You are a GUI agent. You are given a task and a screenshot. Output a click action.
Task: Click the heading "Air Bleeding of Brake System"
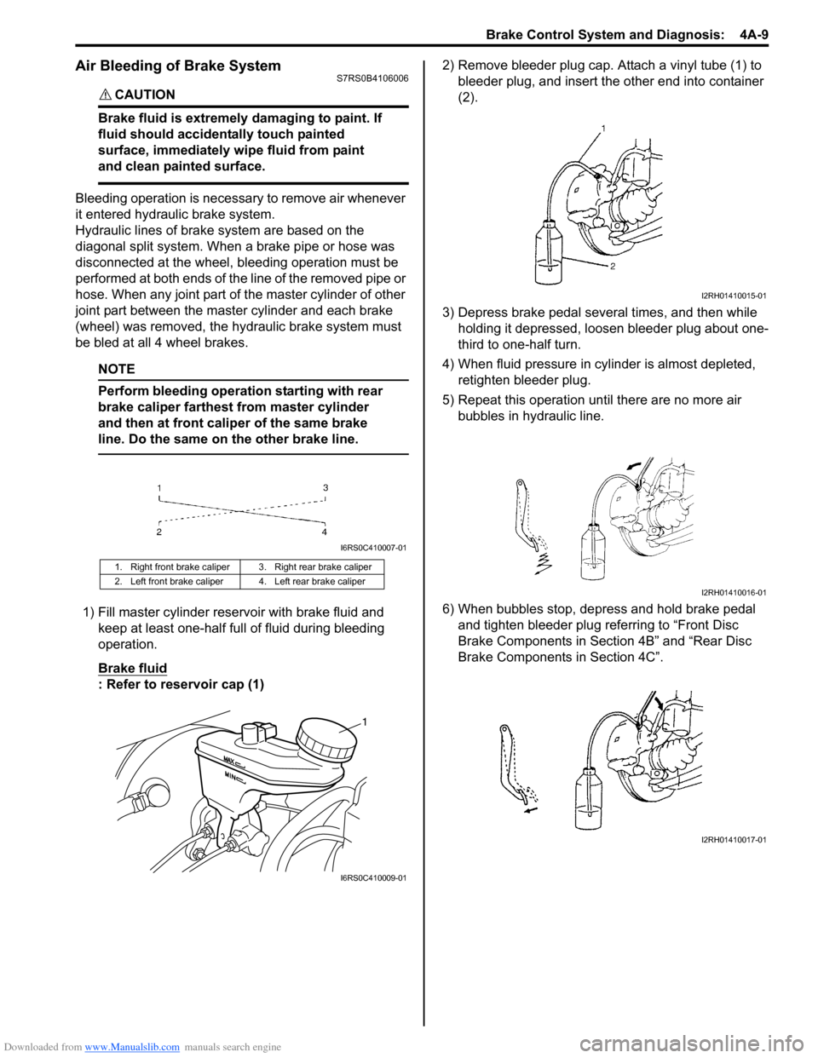click(x=178, y=66)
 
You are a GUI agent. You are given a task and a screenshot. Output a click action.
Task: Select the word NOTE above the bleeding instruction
click(x=116, y=369)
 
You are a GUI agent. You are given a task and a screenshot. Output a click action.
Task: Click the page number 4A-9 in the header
click(x=754, y=35)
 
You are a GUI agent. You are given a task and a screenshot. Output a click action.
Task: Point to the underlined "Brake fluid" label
click(x=132, y=668)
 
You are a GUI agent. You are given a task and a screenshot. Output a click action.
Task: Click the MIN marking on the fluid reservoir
click(x=233, y=777)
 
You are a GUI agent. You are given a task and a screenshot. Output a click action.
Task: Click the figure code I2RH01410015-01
click(x=734, y=296)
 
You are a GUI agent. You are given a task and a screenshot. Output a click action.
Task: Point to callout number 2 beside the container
click(x=612, y=266)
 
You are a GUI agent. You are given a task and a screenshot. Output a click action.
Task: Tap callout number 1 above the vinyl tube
click(x=603, y=128)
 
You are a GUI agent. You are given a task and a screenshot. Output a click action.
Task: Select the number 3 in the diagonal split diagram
click(x=325, y=488)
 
